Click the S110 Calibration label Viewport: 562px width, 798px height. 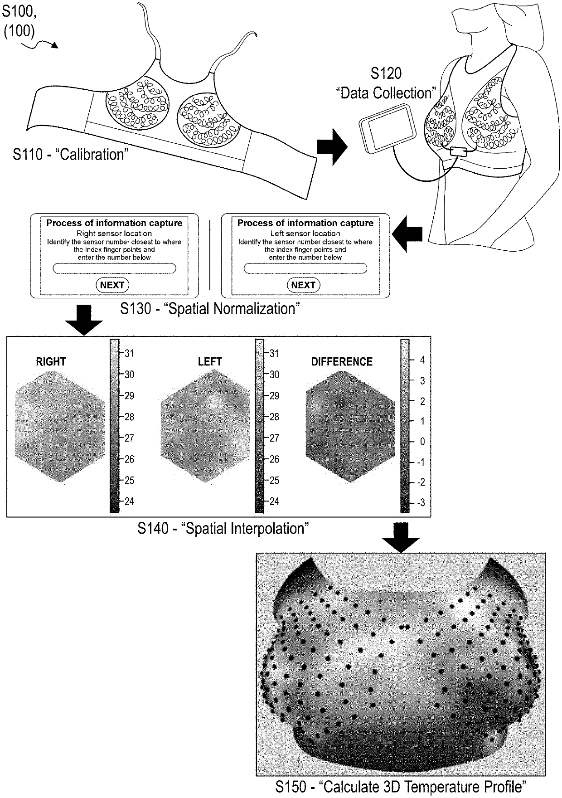point(70,155)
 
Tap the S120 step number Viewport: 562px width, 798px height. point(386,73)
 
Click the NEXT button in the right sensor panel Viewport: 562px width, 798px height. point(112,285)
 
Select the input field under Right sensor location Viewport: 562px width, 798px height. point(114,268)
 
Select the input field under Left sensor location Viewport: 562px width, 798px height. point(305,268)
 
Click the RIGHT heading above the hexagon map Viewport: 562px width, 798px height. point(51,362)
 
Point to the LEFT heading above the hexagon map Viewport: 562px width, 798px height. point(210,362)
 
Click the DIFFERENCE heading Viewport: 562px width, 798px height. point(342,362)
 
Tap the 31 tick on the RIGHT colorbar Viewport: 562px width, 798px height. point(129,353)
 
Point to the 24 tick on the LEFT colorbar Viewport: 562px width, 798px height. point(274,501)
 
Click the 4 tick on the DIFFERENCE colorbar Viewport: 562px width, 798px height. point(422,360)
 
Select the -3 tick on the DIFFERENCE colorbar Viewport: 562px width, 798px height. point(420,502)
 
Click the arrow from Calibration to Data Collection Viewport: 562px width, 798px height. point(332,146)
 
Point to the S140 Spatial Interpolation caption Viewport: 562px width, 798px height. point(223,529)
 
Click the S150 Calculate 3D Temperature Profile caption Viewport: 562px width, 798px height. point(401,787)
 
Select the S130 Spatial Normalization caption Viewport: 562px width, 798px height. point(210,309)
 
